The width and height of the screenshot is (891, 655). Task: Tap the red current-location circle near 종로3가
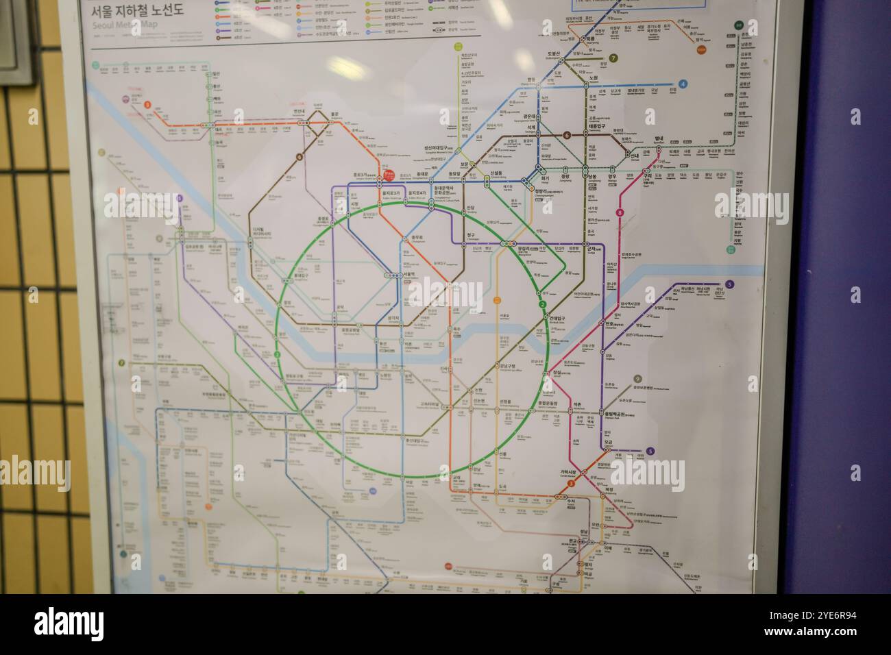click(x=389, y=175)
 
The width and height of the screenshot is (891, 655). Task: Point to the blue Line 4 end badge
click(x=683, y=84)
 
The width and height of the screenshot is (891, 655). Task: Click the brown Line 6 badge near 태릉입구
click(x=567, y=135)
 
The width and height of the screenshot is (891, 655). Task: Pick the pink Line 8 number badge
click(x=620, y=212)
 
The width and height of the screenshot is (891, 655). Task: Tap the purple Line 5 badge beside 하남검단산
click(x=730, y=284)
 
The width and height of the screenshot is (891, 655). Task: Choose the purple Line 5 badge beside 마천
click(x=650, y=451)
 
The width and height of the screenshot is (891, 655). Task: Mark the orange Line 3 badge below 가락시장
click(x=571, y=484)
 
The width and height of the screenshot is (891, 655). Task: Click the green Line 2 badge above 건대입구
click(x=541, y=305)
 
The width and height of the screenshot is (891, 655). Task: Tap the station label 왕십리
click(x=526, y=248)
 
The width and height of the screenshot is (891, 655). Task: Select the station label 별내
click(x=659, y=138)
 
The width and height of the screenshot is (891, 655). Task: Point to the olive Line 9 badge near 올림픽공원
click(x=637, y=379)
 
